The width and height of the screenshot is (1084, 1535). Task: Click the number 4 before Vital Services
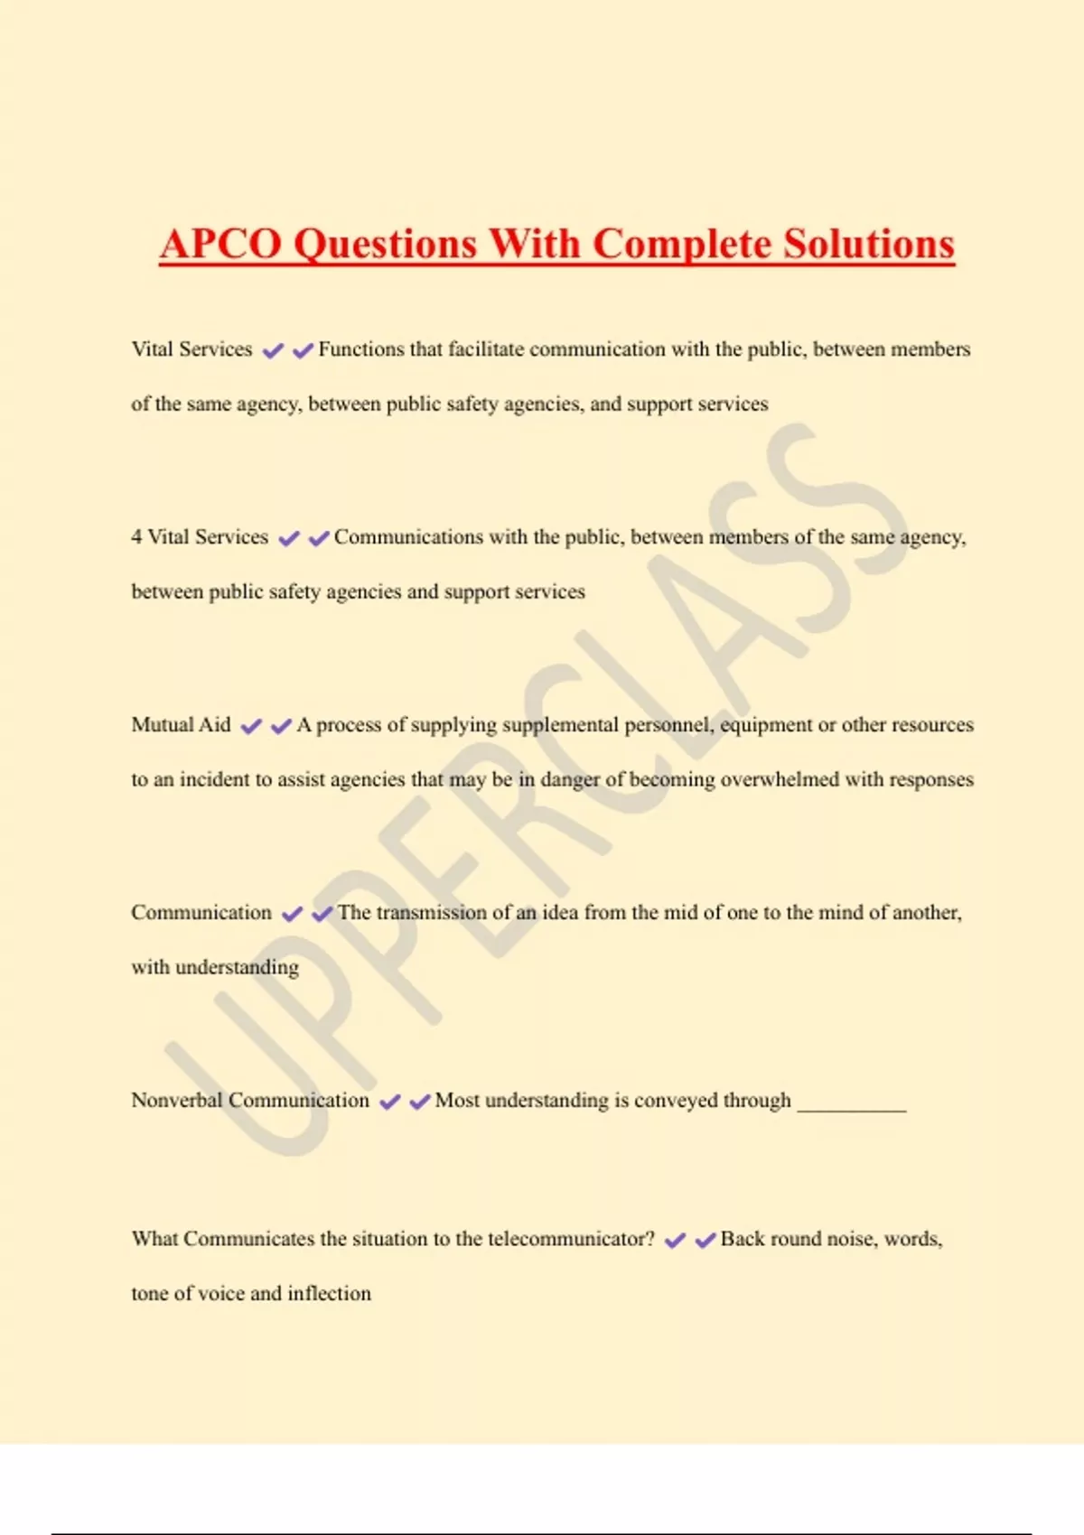click(x=136, y=537)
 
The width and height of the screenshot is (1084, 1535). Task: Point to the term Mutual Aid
click(x=181, y=725)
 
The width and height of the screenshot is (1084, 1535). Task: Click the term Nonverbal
click(x=176, y=1101)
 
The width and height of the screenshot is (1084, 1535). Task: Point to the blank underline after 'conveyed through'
click(x=851, y=1107)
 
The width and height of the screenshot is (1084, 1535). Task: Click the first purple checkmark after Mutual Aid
click(x=251, y=726)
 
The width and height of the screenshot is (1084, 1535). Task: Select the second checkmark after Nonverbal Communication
click(x=420, y=1102)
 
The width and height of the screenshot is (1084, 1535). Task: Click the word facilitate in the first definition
click(x=486, y=349)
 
